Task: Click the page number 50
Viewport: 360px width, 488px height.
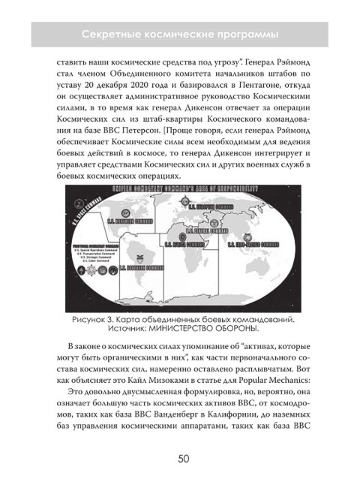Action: (x=179, y=460)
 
